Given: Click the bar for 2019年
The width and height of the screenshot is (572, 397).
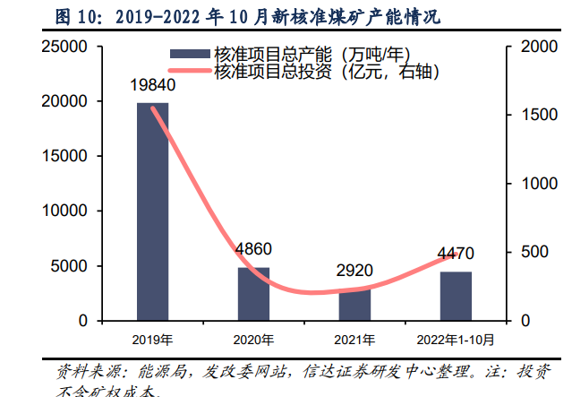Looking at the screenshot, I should tap(152, 211).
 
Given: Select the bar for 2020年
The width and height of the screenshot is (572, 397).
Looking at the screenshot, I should tap(253, 294).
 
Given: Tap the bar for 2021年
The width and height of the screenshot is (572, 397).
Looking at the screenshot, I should tap(354, 305).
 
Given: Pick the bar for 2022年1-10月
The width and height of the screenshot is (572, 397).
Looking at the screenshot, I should tap(456, 296).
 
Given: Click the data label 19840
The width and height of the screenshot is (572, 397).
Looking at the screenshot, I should tap(151, 86).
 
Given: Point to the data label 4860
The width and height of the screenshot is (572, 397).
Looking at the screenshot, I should tap(253, 249).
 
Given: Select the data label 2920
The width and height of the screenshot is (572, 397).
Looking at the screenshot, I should tap(354, 270).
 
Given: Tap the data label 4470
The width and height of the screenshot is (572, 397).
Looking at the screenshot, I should tap(456, 253).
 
